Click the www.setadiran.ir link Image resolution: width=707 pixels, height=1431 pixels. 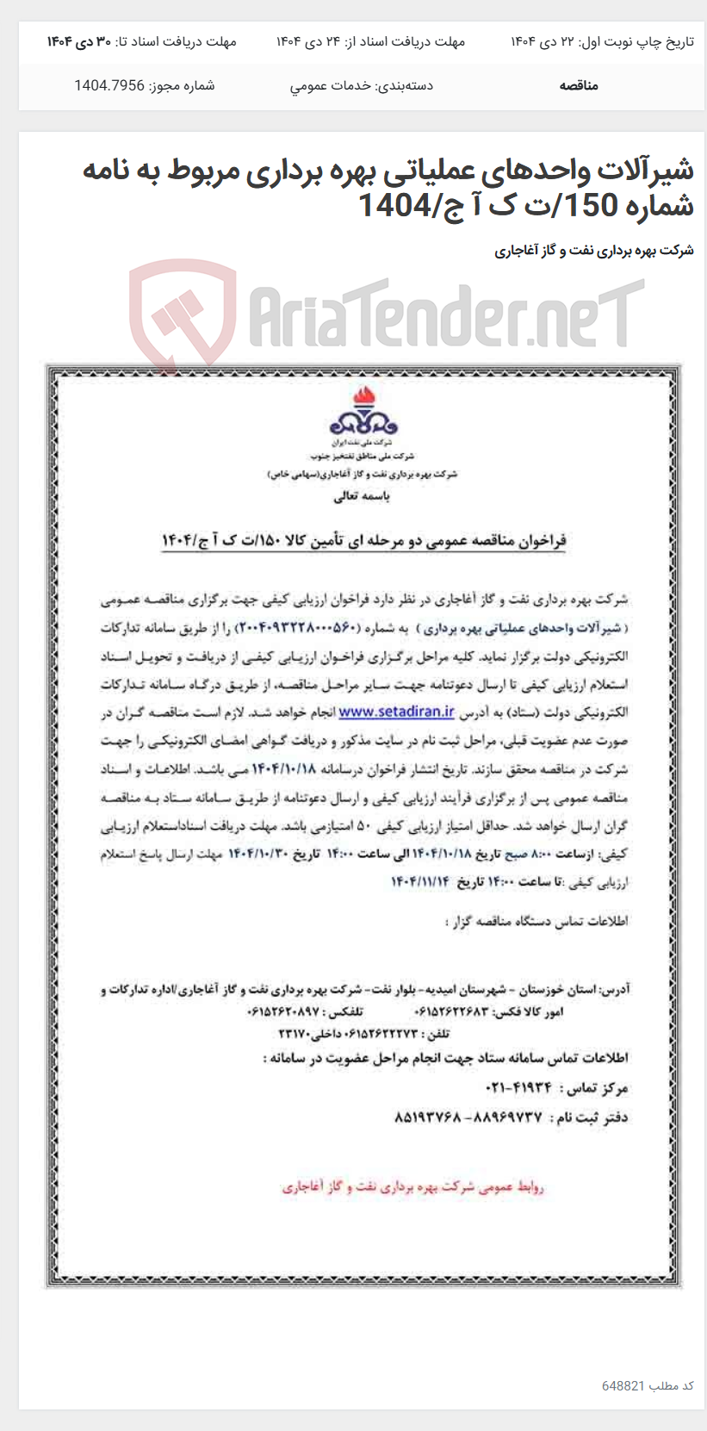(x=396, y=712)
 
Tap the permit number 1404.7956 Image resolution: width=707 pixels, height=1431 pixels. (x=109, y=85)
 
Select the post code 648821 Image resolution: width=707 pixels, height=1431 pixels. (x=623, y=1385)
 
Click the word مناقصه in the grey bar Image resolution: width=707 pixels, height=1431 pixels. (x=579, y=85)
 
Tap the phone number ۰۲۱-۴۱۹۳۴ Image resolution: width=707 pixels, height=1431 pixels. (x=520, y=1088)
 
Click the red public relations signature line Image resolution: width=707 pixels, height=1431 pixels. (x=413, y=1187)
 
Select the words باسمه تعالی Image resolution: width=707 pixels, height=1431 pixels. (x=363, y=496)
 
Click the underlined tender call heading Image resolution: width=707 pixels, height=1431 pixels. (x=363, y=540)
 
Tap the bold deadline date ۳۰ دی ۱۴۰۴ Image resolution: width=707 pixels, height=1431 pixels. (x=78, y=41)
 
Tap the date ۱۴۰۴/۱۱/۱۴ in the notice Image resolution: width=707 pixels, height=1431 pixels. (x=419, y=881)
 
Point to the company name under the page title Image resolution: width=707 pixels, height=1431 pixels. (x=593, y=251)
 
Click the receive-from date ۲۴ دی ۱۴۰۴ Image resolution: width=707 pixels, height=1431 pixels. (x=307, y=41)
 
